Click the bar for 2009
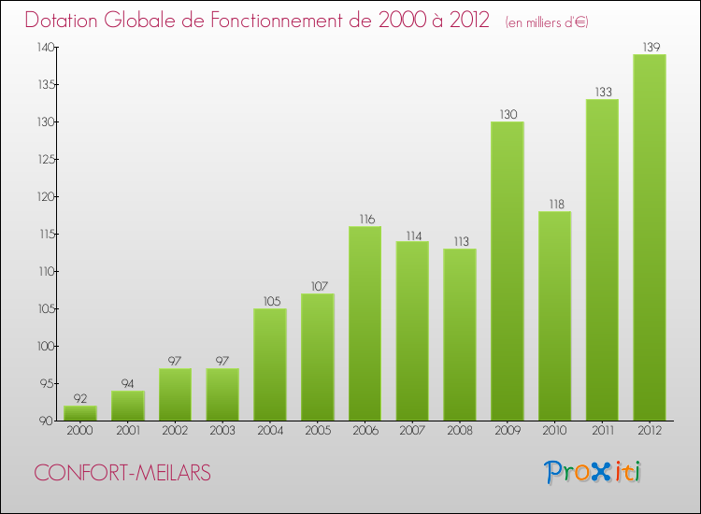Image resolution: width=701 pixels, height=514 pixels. [507, 271]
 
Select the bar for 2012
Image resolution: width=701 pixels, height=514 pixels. [650, 237]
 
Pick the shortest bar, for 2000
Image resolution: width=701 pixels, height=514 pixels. [80, 413]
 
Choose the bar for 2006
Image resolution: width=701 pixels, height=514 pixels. [365, 323]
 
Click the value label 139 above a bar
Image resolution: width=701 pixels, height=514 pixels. [650, 46]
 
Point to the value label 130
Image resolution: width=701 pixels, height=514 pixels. [507, 114]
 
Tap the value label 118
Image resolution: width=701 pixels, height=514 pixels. [554, 204]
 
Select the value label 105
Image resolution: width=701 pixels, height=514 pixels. [270, 301]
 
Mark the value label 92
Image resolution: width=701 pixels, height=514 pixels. [80, 398]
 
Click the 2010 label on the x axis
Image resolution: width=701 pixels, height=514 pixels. [554, 431]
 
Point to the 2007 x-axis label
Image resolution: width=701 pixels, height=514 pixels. [412, 431]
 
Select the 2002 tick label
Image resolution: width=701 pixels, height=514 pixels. [175, 431]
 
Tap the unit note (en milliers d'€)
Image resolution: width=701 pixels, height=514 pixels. [547, 21]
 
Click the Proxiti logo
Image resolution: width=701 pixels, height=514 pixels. [594, 472]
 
